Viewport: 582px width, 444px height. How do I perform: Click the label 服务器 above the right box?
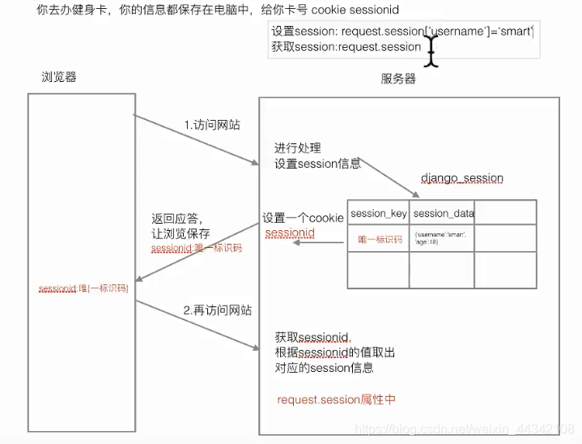pyautogui.click(x=397, y=79)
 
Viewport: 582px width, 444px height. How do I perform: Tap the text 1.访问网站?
pyautogui.click(x=211, y=126)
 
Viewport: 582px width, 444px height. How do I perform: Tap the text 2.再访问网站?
pyautogui.click(x=217, y=310)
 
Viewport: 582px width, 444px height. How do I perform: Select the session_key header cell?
pyautogui.click(x=378, y=213)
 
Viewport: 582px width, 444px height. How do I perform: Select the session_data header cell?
pyautogui.click(x=443, y=213)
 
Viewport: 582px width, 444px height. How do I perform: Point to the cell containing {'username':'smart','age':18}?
pyautogui.click(x=442, y=237)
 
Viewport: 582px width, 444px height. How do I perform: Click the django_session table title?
pyautogui.click(x=461, y=177)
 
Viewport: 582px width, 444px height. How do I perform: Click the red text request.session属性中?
pyautogui.click(x=335, y=399)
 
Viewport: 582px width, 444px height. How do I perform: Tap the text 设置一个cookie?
pyautogui.click(x=302, y=218)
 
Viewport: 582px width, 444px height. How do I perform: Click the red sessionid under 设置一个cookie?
pyautogui.click(x=290, y=233)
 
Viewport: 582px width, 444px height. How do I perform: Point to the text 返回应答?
pyautogui.click(x=176, y=219)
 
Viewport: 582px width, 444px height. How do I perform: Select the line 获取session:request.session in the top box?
pyautogui.click(x=346, y=47)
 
